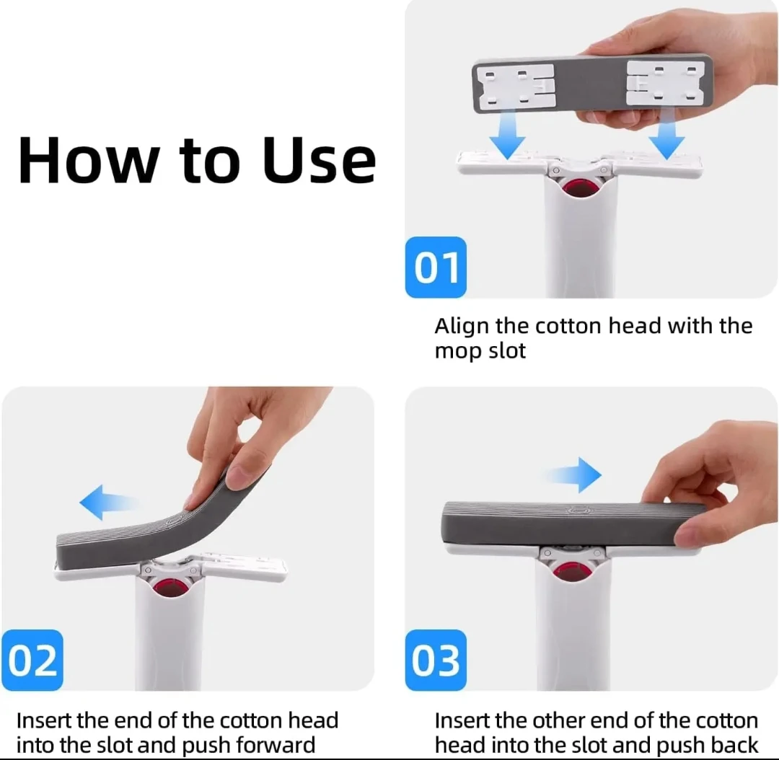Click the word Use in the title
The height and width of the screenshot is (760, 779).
coord(320,160)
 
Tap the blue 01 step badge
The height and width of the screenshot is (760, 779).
coord(436,268)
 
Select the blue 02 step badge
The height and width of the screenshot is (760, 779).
coord(32,660)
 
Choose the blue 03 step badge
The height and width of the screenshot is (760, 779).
coord(436,660)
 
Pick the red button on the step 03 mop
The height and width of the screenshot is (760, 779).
coord(570,572)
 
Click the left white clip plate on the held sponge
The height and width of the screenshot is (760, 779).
coord(515,85)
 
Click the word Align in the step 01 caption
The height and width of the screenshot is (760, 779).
coord(462,327)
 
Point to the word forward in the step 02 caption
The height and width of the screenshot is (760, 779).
coord(276,745)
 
